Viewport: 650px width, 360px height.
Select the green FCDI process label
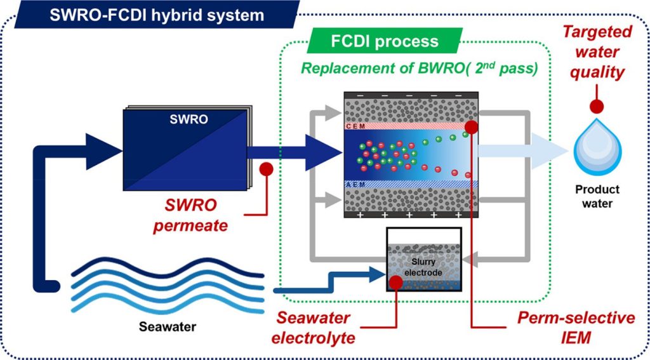tap(385, 42)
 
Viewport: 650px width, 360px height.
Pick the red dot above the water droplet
tap(597, 105)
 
